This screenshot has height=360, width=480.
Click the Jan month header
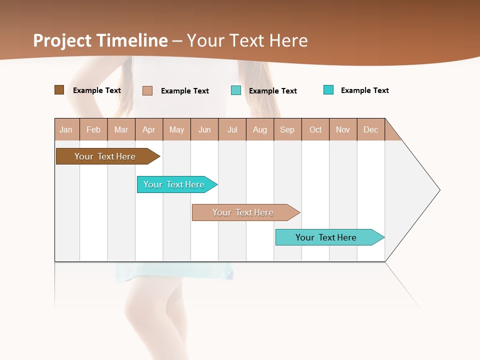click(66, 129)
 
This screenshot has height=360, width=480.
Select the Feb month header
click(93, 129)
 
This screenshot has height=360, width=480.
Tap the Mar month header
click(121, 129)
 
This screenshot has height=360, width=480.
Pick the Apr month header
click(149, 129)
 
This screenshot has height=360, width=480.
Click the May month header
click(176, 129)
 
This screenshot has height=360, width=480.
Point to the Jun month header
click(204, 129)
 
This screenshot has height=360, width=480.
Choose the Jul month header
click(232, 129)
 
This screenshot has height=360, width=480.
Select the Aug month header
click(260, 129)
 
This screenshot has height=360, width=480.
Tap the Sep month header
click(287, 129)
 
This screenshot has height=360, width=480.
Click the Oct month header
click(315, 129)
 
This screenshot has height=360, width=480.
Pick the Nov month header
click(343, 129)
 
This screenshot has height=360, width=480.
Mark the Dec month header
click(371, 129)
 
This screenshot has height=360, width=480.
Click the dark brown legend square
click(59, 90)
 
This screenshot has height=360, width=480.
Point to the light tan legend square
click(147, 90)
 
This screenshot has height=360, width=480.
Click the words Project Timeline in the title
click(100, 40)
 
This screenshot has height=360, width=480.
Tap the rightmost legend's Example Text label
click(364, 90)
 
